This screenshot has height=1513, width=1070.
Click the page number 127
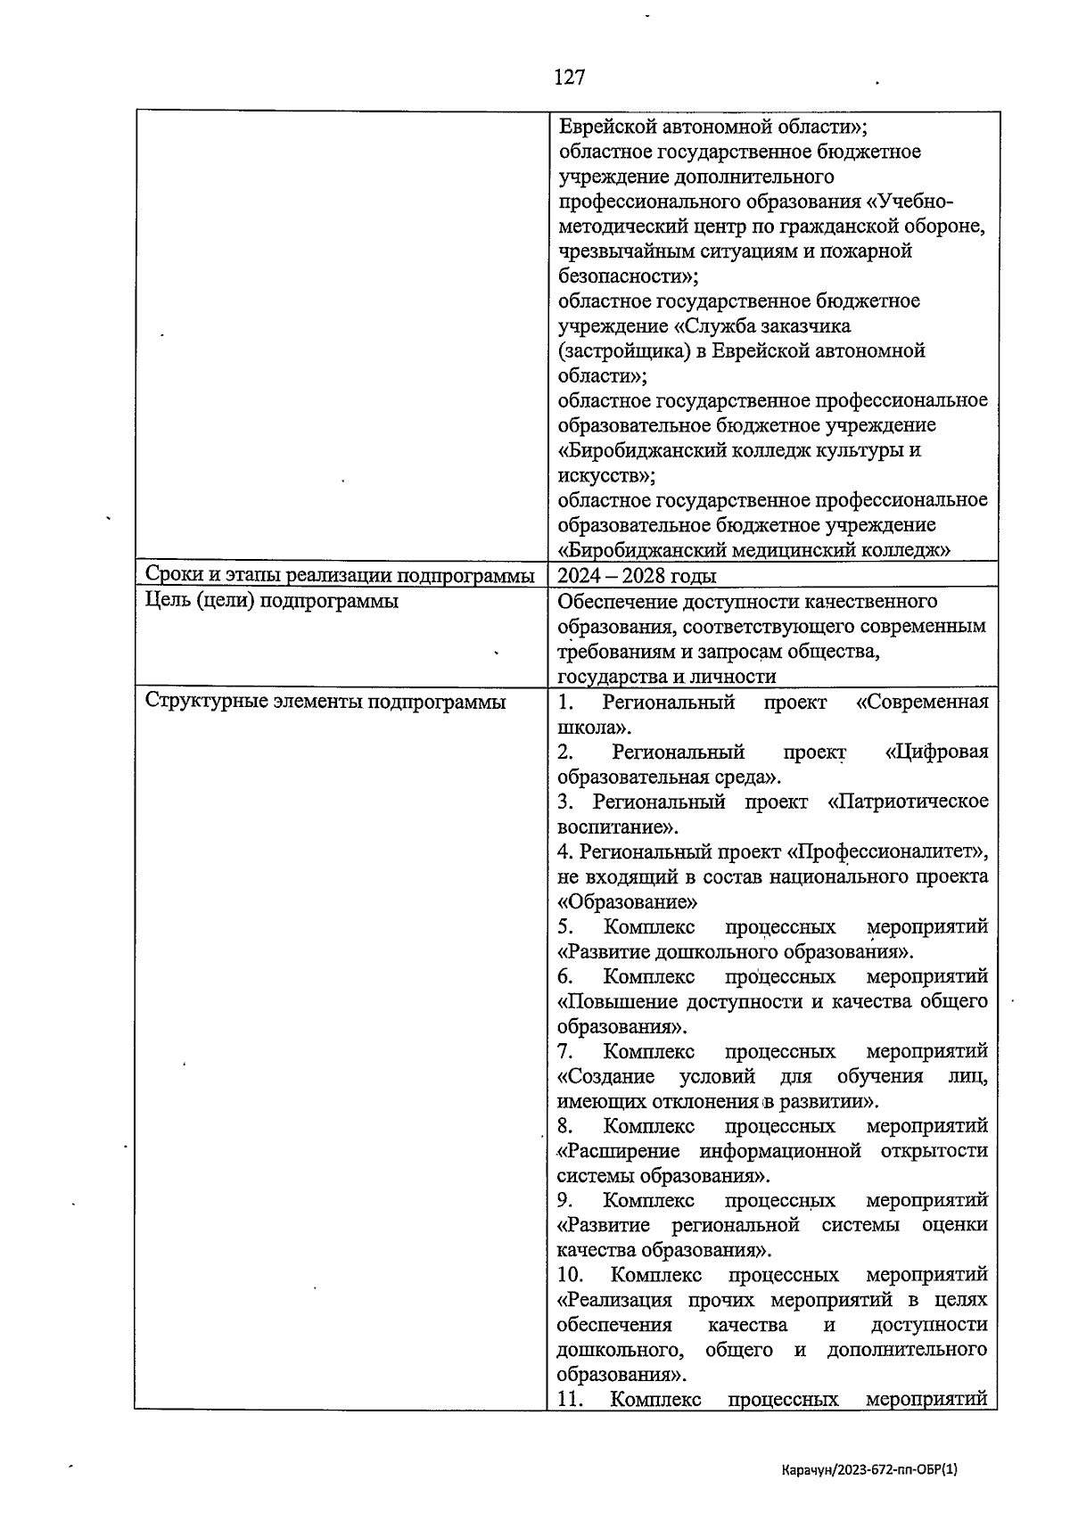[569, 78]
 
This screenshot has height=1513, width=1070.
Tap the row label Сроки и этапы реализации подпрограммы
[340, 576]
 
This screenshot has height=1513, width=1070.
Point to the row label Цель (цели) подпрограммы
[271, 601]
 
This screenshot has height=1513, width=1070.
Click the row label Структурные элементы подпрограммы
[325, 702]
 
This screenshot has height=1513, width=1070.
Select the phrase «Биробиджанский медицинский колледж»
[753, 550]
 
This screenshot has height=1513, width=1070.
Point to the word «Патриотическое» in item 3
[908, 802]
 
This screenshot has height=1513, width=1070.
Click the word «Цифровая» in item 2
[936, 752]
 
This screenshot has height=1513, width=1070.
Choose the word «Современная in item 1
[921, 702]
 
